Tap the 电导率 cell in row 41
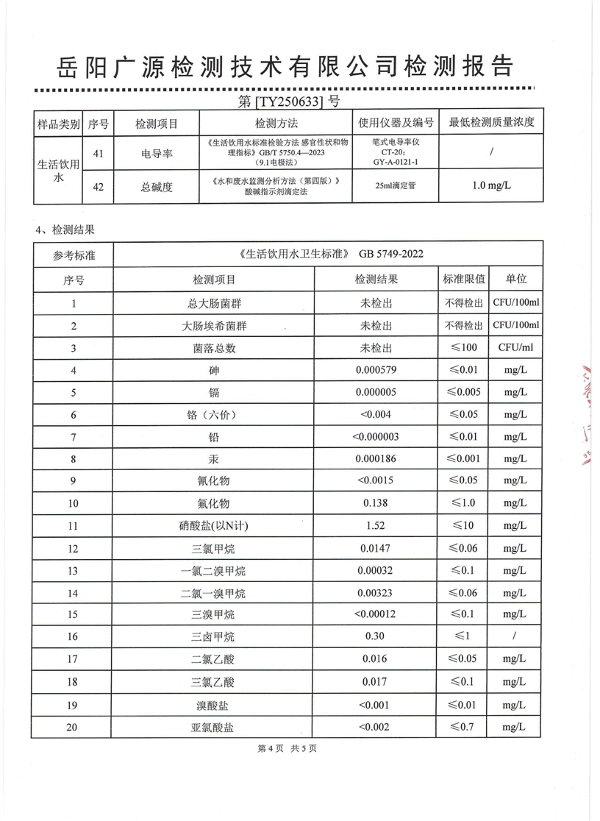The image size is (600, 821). tap(157, 154)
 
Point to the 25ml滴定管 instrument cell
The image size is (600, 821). tap(395, 186)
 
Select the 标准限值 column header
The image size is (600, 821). tap(464, 280)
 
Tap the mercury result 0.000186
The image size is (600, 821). tap(376, 458)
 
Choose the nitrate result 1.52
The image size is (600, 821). tap(376, 526)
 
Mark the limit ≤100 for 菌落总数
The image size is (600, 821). tap(464, 347)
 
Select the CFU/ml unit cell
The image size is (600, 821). tap(515, 347)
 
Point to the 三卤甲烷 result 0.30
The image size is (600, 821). tap(376, 638)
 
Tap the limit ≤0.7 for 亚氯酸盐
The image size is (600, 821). tap(464, 728)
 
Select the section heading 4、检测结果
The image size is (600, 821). tap(65, 230)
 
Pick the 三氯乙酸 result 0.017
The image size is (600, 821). tap(376, 682)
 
